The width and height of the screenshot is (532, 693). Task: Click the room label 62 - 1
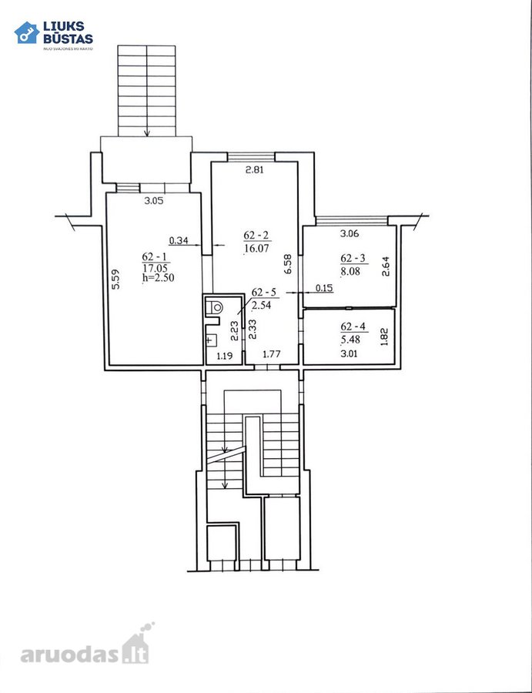[154, 256]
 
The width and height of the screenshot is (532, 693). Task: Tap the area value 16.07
[256, 249]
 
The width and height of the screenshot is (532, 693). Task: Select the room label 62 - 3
[353, 258]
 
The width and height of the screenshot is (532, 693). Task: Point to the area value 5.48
[350, 340]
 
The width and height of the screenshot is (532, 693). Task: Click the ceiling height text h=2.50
[159, 278]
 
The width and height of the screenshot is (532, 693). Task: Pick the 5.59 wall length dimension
[115, 280]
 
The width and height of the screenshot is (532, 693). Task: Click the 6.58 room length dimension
[289, 264]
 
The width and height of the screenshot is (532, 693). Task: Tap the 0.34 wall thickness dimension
[179, 240]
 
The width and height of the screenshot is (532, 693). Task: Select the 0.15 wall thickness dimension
[324, 288]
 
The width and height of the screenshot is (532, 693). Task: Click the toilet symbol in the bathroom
[215, 306]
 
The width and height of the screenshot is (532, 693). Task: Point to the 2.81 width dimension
[254, 169]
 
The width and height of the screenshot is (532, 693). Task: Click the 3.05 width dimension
[154, 201]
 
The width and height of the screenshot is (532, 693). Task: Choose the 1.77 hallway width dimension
[272, 353]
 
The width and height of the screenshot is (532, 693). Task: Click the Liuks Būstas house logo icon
[26, 32]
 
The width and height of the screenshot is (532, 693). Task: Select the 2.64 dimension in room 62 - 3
[386, 266]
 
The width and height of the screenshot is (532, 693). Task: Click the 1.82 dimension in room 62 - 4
[384, 336]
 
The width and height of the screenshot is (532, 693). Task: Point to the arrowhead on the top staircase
[147, 133]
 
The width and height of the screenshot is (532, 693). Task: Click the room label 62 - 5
[264, 292]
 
